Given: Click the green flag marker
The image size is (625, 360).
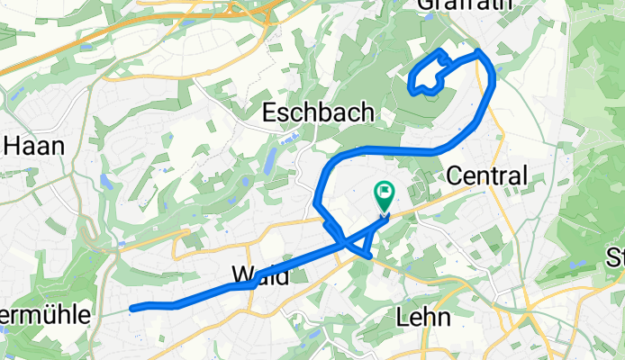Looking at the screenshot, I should pos(384,193).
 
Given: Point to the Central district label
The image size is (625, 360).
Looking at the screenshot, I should pos(486,175).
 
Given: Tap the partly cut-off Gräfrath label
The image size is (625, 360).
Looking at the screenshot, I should pos(465,5).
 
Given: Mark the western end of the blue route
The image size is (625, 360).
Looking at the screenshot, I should pos(133,309).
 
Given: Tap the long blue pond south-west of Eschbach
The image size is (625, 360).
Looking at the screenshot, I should pos(270,160).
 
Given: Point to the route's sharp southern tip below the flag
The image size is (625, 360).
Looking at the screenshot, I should pos(368,257).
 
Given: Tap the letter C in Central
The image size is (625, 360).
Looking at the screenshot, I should pos(454,175).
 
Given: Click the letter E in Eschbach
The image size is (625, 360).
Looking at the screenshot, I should pos(269,112).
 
